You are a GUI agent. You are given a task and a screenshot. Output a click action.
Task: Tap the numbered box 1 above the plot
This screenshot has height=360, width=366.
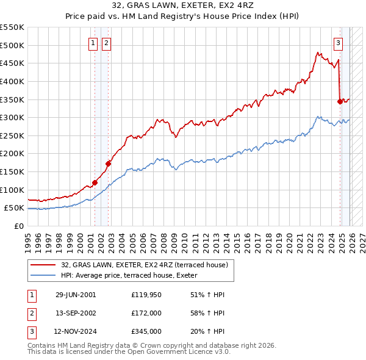click(x=93, y=43)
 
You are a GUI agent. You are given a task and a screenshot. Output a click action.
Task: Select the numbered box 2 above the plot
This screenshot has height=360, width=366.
click(x=106, y=43)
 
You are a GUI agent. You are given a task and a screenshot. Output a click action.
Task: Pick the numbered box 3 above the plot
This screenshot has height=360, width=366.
click(x=339, y=43)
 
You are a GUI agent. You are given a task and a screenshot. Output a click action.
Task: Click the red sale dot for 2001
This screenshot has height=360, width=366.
click(x=95, y=182)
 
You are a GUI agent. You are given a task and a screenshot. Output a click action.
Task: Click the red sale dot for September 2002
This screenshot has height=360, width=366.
click(x=108, y=164)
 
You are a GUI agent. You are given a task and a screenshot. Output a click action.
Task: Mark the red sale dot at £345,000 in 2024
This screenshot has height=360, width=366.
click(x=340, y=101)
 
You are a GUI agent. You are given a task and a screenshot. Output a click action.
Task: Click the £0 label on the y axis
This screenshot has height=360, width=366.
click(x=18, y=226)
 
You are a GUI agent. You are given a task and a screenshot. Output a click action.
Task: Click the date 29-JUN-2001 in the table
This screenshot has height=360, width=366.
click(x=76, y=295)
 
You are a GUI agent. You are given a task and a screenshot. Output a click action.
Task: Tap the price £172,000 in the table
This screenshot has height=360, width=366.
click(x=146, y=313)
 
